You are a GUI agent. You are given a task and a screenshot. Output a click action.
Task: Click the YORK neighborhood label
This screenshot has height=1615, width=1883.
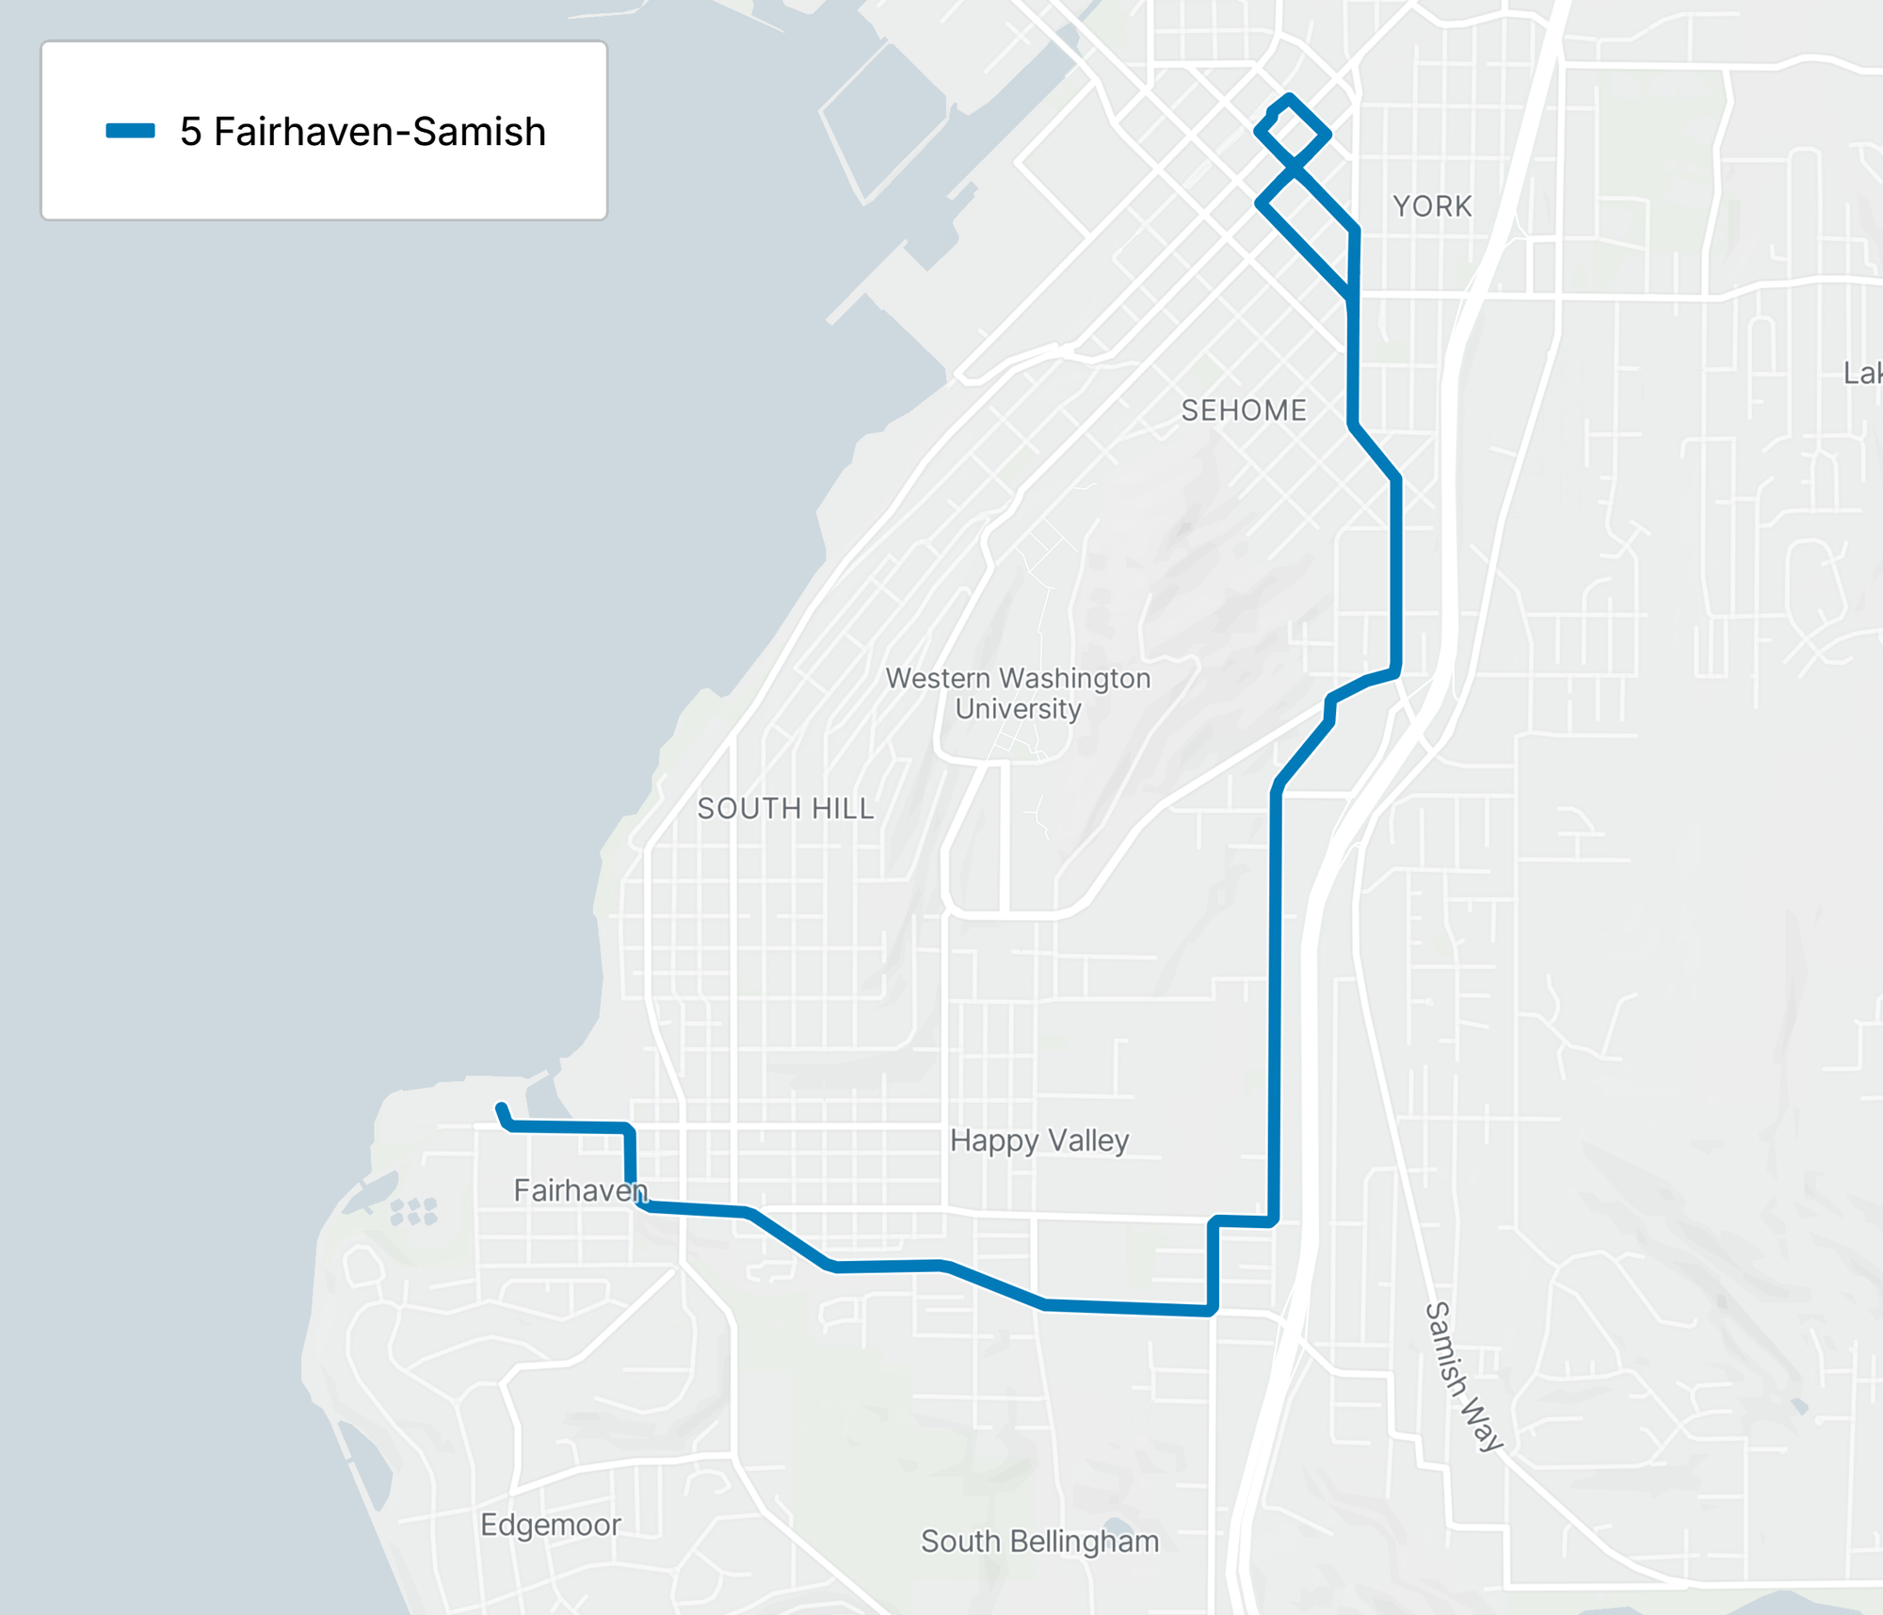pos(1432,206)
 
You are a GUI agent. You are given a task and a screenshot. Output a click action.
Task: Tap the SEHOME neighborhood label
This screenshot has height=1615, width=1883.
pos(1244,411)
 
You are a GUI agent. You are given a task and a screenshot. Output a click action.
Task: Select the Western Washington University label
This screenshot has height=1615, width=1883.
pos(1018,693)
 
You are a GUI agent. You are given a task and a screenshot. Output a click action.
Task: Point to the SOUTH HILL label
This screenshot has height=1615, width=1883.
pos(785,809)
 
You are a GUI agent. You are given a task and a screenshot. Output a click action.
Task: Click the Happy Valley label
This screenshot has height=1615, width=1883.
pos(1038,1140)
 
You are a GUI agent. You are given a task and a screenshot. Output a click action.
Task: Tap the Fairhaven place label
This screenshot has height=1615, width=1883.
pos(580,1190)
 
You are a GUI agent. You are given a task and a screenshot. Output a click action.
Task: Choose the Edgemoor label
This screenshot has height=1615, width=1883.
pos(551,1525)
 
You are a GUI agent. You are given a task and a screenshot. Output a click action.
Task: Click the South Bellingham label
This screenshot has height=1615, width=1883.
pos(1039,1541)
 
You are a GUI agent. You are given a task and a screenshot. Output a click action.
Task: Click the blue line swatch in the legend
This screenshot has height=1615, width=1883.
pos(130,131)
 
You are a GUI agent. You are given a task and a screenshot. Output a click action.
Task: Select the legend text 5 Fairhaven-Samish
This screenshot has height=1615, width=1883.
pos(362,132)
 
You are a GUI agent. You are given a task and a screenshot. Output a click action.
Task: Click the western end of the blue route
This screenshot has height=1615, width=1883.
pos(501,1108)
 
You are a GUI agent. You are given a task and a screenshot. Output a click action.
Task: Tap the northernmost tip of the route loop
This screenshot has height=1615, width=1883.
pos(1289,98)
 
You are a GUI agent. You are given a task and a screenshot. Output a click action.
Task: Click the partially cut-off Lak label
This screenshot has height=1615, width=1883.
pos(1862,374)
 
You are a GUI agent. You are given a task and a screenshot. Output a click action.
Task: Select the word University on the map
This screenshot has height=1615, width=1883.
pos(1018,709)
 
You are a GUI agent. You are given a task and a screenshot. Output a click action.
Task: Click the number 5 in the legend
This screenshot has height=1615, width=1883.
pos(190,132)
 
